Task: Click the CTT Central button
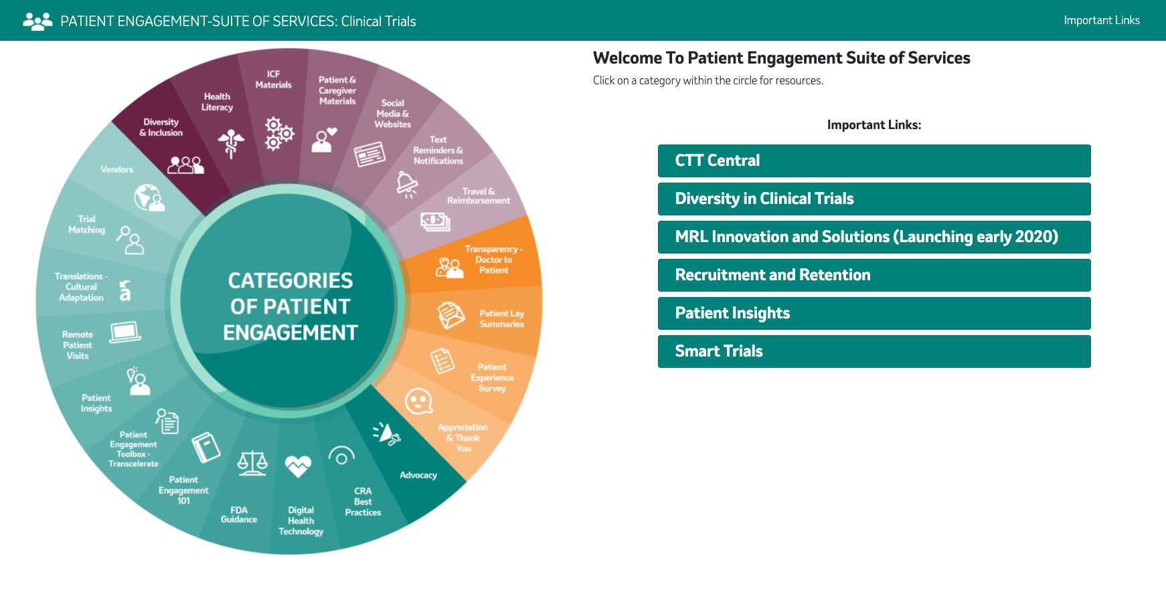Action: pos(874,161)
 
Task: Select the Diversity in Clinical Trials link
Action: pos(874,199)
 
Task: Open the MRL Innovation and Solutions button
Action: pos(874,237)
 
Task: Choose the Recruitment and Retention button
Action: pos(874,275)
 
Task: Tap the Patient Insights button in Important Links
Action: pos(874,313)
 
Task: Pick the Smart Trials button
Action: pos(874,351)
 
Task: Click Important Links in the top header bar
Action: pos(1102,20)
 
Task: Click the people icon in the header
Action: pos(37,21)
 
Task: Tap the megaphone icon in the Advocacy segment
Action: pos(387,433)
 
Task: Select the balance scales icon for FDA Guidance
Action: pos(252,463)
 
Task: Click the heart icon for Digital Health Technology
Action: pos(298,466)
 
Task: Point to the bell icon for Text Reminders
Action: pos(407,184)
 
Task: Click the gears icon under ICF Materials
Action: pos(279,133)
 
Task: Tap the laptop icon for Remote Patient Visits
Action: pos(125,332)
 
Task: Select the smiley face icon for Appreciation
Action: pos(419,401)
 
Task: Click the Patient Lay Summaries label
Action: pos(502,318)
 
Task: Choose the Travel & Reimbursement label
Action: pos(479,196)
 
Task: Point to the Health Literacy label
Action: pos(217,102)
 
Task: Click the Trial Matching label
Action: pos(87,224)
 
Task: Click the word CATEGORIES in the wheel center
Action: pos(290,280)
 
